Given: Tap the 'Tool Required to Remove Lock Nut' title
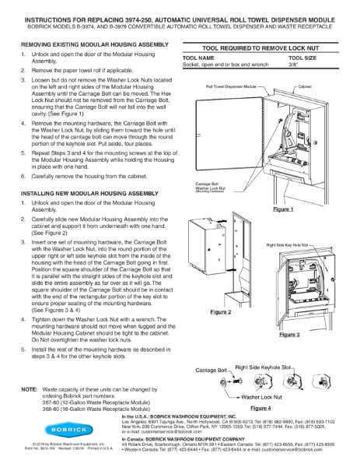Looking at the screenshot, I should [x=257, y=47].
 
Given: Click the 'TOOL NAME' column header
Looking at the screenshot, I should [x=197, y=58].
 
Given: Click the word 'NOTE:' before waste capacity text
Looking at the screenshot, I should [x=30, y=387].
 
